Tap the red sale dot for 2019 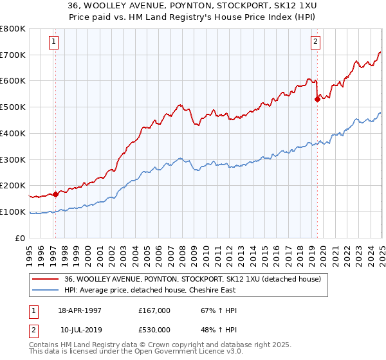[x=317, y=99]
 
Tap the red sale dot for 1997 [x=55, y=194]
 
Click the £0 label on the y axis [x=19, y=238]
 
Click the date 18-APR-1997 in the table [x=80, y=310]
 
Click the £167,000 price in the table [x=154, y=310]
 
